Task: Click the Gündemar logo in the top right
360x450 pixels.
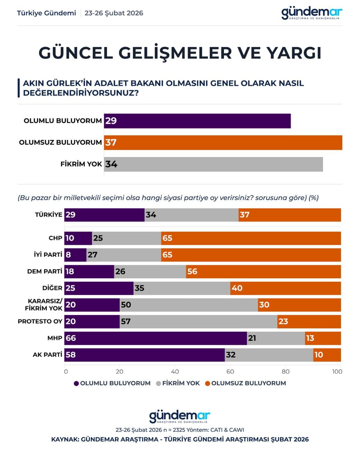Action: pyautogui.click(x=312, y=13)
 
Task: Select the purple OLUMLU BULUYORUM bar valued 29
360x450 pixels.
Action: pyautogui.click(x=197, y=121)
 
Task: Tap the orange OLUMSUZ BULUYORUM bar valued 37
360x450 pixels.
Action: pyautogui.click(x=223, y=142)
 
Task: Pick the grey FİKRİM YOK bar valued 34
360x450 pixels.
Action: pyautogui.click(x=213, y=164)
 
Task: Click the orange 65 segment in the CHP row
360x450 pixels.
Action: pyautogui.click(x=251, y=238)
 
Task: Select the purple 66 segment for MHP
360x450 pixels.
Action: pyautogui.click(x=155, y=338)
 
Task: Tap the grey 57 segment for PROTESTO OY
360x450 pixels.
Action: pyautogui.click(x=198, y=321)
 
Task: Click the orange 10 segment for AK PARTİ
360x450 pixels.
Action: pyautogui.click(x=327, y=354)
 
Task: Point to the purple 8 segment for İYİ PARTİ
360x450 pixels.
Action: pyautogui.click(x=75, y=255)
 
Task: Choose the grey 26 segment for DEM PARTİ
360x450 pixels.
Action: pyautogui.click(x=150, y=271)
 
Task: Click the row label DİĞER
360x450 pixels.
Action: pyautogui.click(x=52, y=288)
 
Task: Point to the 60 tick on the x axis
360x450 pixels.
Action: pyautogui.click(x=230, y=371)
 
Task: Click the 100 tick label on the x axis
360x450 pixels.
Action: pyautogui.click(x=337, y=371)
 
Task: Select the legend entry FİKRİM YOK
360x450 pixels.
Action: pyautogui.click(x=181, y=383)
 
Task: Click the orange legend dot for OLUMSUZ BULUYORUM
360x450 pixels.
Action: pyautogui.click(x=207, y=383)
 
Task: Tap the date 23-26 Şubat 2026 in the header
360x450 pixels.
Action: pyautogui.click(x=114, y=13)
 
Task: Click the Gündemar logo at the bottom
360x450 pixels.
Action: pyautogui.click(x=180, y=416)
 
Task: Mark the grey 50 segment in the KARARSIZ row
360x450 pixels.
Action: pyautogui.click(x=189, y=305)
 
